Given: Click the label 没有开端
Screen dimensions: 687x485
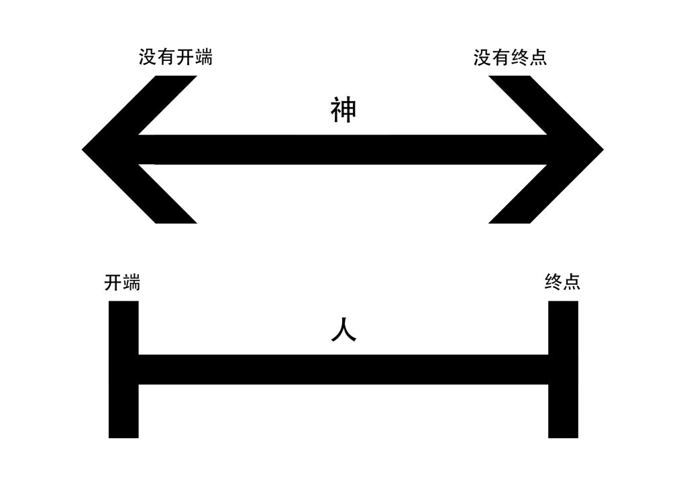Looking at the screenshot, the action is [x=176, y=58].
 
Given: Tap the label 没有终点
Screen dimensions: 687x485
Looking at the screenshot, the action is [x=510, y=58].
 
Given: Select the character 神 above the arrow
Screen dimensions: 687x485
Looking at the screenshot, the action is [x=343, y=111].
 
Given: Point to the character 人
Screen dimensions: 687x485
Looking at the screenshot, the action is [x=343, y=330].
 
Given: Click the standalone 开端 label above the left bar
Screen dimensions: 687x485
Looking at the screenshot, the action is [x=122, y=283].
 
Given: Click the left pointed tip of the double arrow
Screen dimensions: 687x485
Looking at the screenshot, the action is [x=82, y=149].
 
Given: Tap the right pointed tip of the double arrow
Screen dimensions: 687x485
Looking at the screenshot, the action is [x=604, y=149].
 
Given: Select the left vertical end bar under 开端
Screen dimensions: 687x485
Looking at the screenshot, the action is [x=123, y=369].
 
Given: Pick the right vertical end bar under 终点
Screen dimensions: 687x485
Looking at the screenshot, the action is [x=563, y=369].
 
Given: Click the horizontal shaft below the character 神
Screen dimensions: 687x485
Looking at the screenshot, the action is [x=343, y=149].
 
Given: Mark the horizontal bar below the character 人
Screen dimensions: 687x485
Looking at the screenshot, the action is [x=343, y=370].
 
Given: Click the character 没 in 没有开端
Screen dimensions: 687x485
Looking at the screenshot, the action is [x=148, y=58].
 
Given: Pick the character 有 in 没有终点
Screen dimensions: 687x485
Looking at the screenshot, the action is [x=500, y=58].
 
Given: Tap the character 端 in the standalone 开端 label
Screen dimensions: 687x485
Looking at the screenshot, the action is [x=131, y=283].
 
